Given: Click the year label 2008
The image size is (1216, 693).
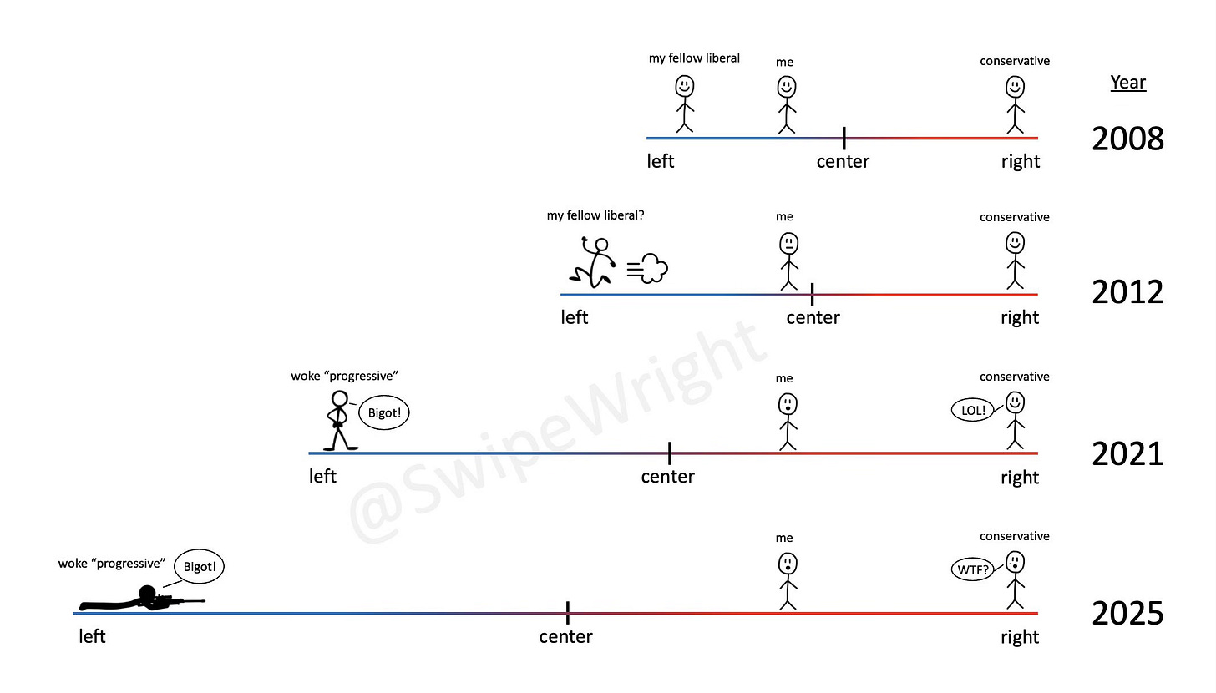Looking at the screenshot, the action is [1127, 139].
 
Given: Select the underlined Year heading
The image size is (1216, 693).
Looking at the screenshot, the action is [1127, 83].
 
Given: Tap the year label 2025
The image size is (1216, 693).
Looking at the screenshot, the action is [1127, 614].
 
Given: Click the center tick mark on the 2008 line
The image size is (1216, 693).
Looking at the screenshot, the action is [844, 138].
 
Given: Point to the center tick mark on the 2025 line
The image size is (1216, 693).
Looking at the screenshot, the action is [568, 613].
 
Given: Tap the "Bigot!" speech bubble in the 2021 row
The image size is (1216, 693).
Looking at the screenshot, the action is [384, 412].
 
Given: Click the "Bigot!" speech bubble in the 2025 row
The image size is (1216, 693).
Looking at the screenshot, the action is [200, 568].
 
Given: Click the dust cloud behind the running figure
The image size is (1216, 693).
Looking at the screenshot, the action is [648, 270].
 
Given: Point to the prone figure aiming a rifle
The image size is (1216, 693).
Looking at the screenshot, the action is [142, 599].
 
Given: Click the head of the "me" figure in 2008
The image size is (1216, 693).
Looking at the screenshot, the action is [786, 86].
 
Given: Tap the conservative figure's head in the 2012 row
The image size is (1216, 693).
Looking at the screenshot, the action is [1015, 243].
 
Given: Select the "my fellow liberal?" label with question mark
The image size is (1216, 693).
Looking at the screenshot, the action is [595, 215].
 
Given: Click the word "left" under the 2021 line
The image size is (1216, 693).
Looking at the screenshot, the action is [322, 476].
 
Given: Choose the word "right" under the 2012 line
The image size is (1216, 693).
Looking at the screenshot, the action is [1020, 317].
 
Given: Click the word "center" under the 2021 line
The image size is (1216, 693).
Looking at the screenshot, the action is [667, 477].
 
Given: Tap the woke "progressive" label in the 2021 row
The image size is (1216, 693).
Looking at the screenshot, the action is [343, 376].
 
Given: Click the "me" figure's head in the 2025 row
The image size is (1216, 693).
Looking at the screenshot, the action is [786, 564].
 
